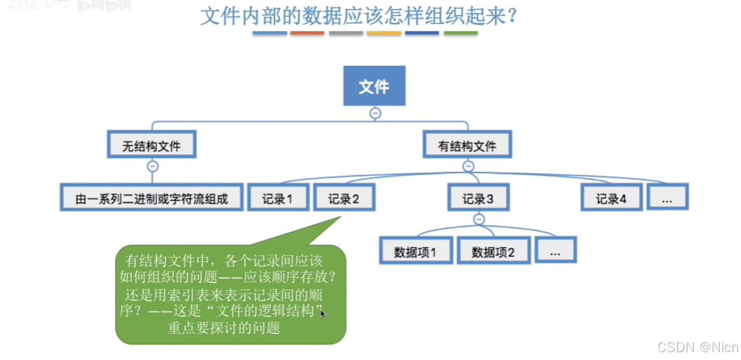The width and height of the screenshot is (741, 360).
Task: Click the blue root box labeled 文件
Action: (374, 85)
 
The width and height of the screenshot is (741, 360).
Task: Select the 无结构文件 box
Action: (152, 145)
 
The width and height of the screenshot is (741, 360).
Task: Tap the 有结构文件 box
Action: (468, 145)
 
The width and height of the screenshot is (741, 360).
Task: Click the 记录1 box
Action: (277, 197)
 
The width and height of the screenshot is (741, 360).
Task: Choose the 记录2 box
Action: (344, 197)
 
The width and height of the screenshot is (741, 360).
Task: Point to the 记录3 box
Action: (479, 197)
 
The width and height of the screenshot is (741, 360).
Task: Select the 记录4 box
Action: (611, 197)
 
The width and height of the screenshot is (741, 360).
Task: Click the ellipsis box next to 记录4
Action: (667, 197)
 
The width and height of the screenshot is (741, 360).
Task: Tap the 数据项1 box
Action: (415, 251)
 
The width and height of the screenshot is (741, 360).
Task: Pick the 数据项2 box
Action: (493, 251)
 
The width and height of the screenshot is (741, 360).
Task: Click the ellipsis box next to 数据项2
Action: (555, 251)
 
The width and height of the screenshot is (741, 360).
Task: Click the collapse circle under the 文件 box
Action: (375, 113)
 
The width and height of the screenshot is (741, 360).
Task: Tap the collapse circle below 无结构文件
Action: (153, 166)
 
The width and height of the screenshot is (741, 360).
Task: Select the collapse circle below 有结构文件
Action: (468, 166)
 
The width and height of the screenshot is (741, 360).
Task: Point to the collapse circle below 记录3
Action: (479, 219)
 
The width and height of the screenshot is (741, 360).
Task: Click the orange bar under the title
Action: (308, 32)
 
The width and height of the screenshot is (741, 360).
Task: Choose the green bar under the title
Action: (461, 32)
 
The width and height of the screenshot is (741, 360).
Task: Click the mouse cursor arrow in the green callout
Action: (323, 313)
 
